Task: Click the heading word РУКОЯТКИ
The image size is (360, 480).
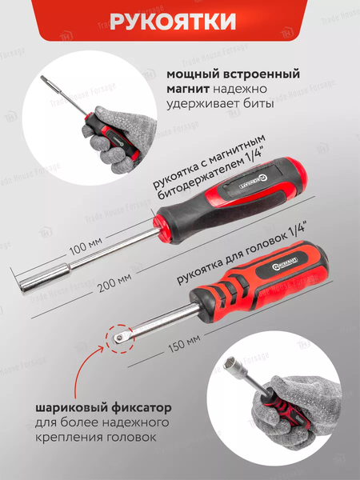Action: [179, 22]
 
